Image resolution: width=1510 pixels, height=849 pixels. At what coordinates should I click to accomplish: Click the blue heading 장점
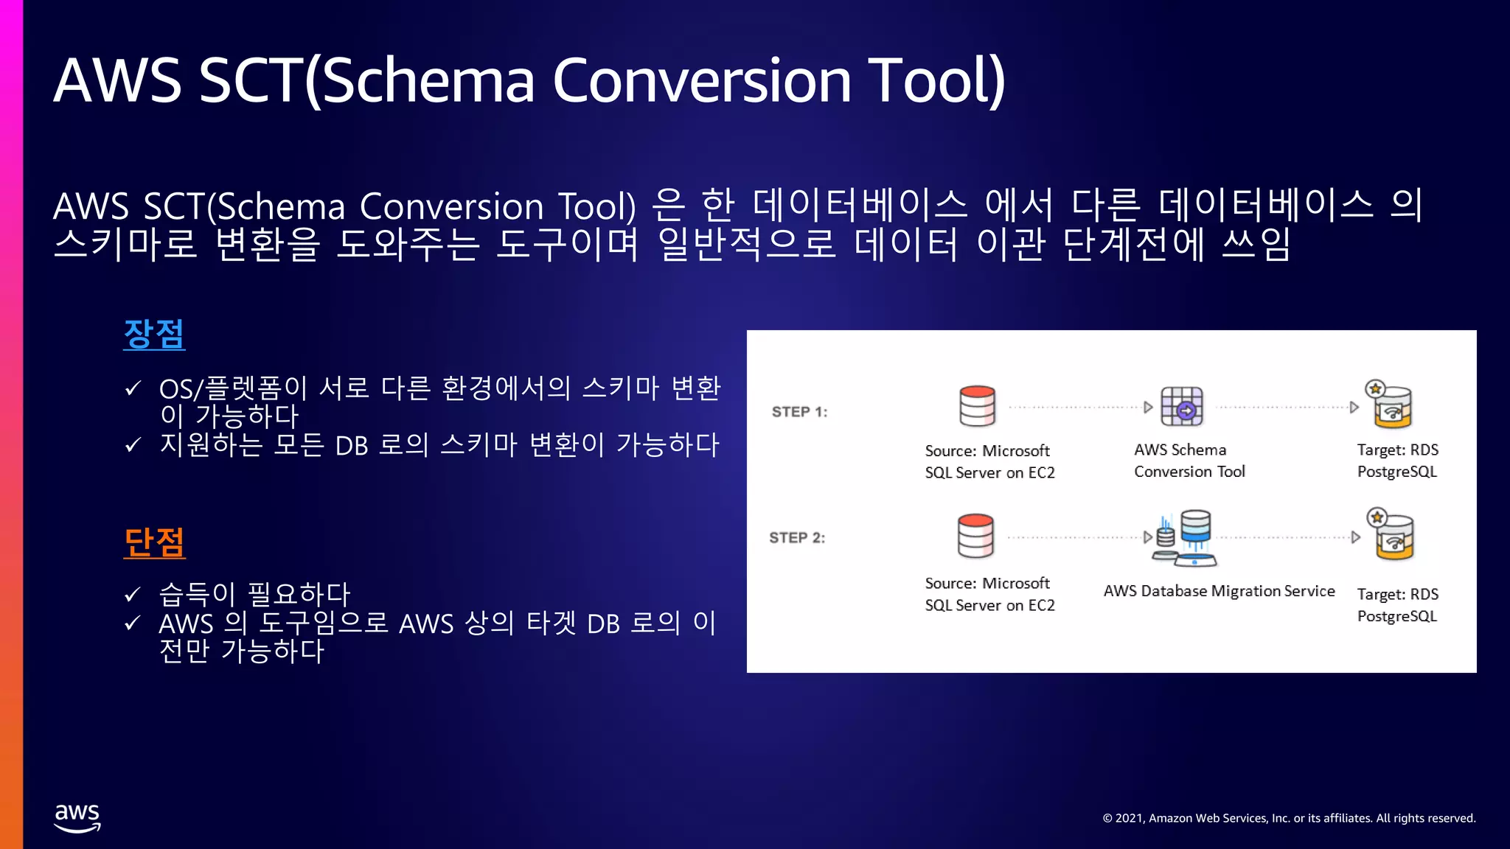coord(153,334)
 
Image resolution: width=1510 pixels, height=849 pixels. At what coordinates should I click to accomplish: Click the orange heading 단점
coord(153,542)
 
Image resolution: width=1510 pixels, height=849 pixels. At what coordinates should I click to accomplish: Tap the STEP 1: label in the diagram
coord(799,412)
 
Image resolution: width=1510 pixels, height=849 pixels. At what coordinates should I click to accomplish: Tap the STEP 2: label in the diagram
coord(797,538)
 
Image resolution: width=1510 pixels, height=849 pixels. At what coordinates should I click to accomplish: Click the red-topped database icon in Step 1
coord(977,406)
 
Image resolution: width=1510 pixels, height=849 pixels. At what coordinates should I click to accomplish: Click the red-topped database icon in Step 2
coord(975,536)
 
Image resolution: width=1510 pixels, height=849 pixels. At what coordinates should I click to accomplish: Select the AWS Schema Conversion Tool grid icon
coord(1182,406)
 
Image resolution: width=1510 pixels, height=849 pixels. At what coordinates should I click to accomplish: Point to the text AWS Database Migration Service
coord(1219,591)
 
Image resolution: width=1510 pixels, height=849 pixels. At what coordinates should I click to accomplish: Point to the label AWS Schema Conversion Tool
coord(1189,461)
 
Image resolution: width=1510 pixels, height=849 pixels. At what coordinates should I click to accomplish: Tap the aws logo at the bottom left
coord(77,817)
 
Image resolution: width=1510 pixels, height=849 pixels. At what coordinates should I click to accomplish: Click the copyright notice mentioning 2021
coord(1289,818)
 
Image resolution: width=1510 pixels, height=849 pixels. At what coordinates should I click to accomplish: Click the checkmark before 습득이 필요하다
coord(133,594)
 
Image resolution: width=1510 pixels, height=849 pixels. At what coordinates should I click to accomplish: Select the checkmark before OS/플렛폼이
coord(133,388)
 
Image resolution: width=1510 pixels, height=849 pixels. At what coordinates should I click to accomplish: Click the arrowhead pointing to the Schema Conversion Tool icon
coord(1148,407)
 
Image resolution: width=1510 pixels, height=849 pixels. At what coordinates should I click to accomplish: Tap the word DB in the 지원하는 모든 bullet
coord(351,446)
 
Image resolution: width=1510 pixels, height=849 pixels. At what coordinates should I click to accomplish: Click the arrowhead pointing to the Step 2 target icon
coord(1355,537)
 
